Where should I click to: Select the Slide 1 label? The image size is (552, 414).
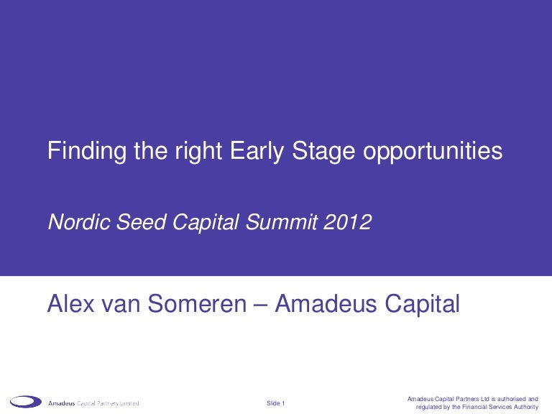click(276, 403)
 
